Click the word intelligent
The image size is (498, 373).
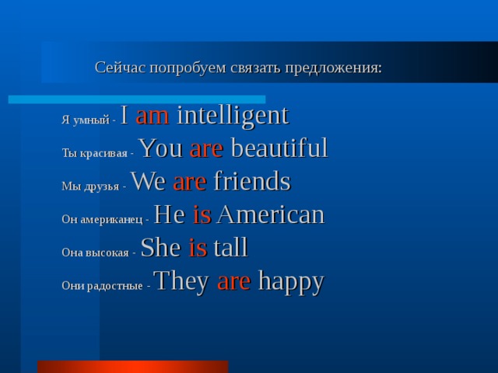[233, 117]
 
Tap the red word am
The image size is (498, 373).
[153, 117]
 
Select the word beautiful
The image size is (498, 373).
[279, 148]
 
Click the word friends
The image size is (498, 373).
[251, 182]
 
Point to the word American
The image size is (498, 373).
[270, 214]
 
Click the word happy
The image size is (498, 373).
[290, 282]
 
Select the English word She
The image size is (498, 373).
[160, 248]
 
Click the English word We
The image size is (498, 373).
[149, 182]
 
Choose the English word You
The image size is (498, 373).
[161, 148]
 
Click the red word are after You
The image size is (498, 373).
[206, 149]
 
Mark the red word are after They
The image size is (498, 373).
[233, 282]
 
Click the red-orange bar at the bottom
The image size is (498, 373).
[132, 367]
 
